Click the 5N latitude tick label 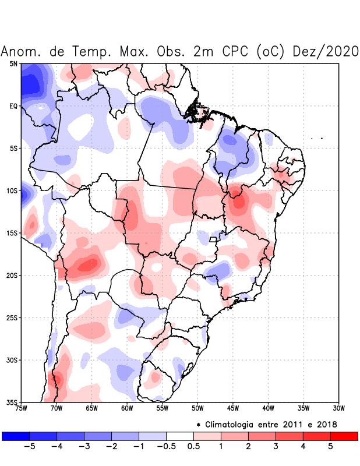coord(13,63)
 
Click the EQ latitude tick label coord(13,106)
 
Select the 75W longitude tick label coord(21,408)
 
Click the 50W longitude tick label coord(197,408)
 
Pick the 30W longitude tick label coord(339,408)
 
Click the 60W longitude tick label coord(127,408)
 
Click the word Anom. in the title coord(23,51)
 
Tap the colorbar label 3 coord(275,447)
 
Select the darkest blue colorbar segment coord(16,436)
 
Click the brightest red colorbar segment coord(344,436)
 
